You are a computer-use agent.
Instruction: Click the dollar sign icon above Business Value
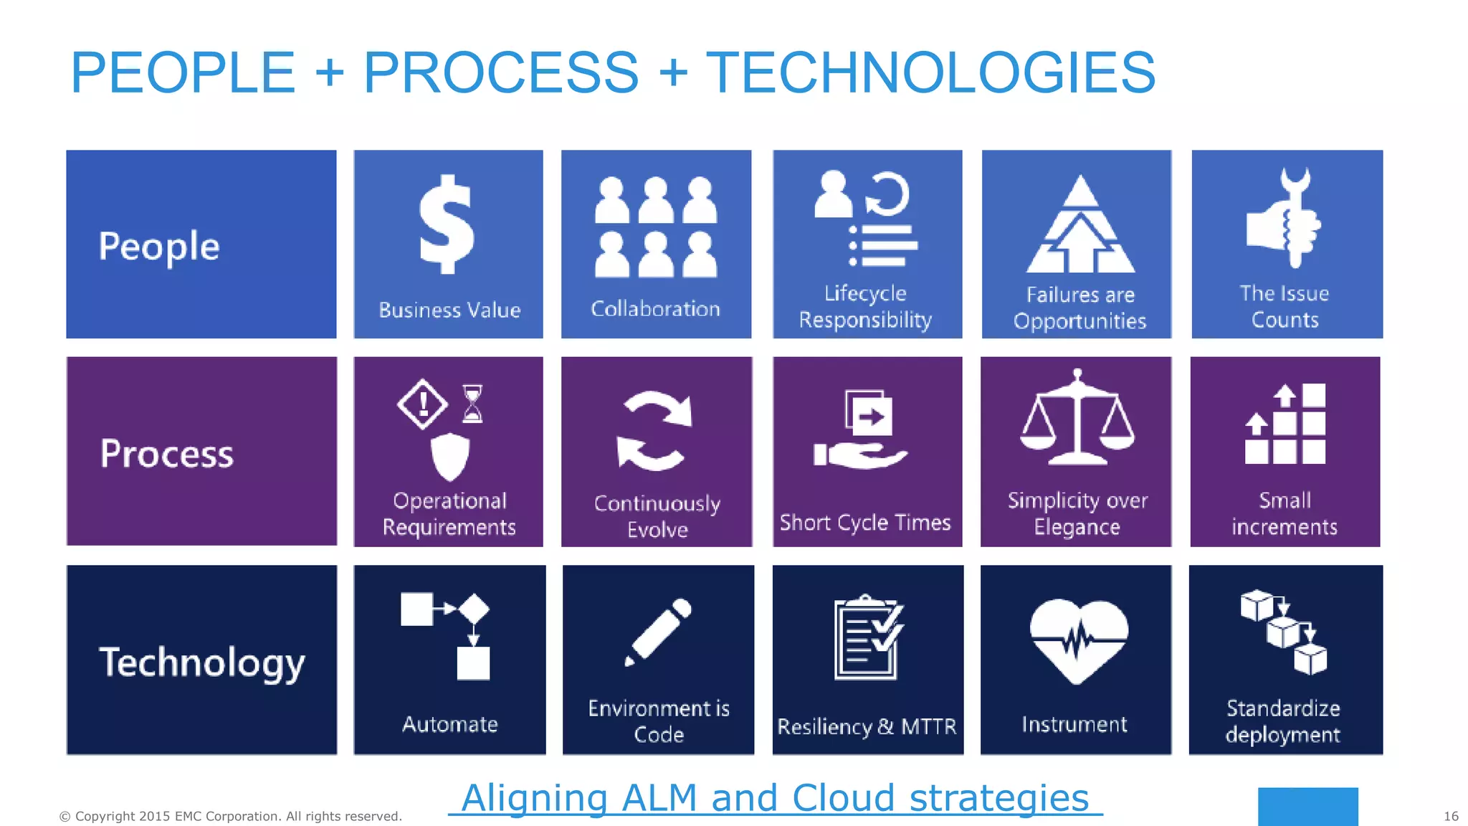point(447,225)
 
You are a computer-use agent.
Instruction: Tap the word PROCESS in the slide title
point(500,72)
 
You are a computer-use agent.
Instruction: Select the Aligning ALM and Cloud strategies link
point(775,798)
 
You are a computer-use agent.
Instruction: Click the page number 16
point(1451,816)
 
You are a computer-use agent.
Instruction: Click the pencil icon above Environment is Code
point(658,632)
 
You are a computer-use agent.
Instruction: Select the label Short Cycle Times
point(865,523)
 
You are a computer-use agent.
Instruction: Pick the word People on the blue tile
point(159,246)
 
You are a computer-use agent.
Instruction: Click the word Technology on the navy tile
point(202,662)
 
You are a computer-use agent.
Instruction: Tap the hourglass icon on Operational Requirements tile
point(472,404)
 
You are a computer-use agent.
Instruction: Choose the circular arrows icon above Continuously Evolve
point(654,430)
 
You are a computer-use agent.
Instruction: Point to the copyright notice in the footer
point(230,816)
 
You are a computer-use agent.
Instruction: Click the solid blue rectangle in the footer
point(1307,806)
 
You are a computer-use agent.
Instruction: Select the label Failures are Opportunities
point(1079,308)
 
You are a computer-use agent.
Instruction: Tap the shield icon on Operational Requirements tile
point(449,456)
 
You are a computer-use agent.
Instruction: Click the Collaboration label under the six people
point(655,309)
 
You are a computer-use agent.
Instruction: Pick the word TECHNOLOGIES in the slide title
point(930,72)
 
